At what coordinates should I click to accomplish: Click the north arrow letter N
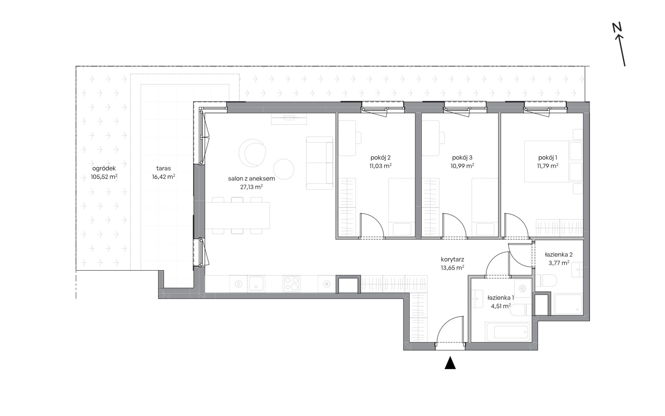click(x=616, y=28)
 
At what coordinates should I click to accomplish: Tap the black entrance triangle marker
click(x=450, y=363)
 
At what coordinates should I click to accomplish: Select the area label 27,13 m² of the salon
click(x=251, y=187)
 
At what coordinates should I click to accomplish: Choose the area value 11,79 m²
click(x=548, y=166)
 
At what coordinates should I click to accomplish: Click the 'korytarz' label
click(x=453, y=260)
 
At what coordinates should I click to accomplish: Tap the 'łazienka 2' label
click(x=559, y=255)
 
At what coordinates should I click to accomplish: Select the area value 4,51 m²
click(x=501, y=306)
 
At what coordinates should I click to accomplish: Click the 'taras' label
click(x=163, y=168)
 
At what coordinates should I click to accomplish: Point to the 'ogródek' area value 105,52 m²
click(x=104, y=177)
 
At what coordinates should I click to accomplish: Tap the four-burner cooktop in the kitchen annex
click(x=291, y=284)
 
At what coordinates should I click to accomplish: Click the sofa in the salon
click(x=320, y=163)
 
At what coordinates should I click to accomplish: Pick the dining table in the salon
click(x=237, y=215)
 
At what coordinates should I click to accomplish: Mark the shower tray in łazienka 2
click(x=569, y=304)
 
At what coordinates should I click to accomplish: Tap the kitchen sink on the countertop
click(x=257, y=284)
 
